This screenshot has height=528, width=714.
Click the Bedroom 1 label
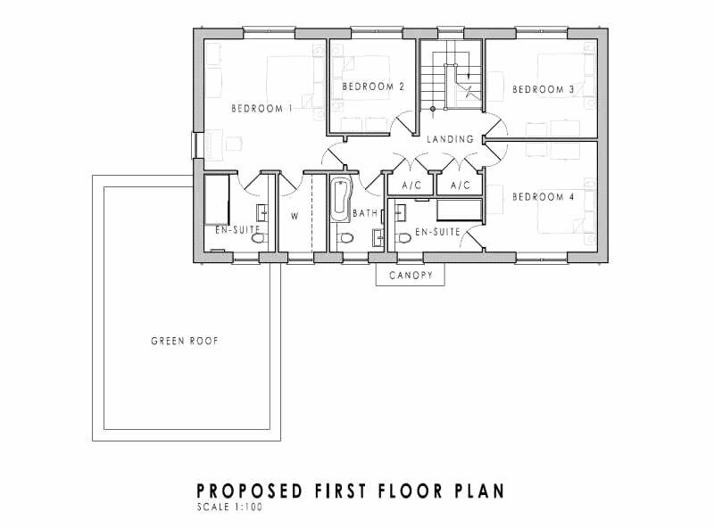(x=262, y=109)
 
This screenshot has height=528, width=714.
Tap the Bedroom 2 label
(x=373, y=87)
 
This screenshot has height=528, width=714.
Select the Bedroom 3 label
(x=544, y=90)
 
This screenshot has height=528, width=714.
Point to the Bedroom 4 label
(x=544, y=197)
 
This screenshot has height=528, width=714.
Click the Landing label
(x=450, y=139)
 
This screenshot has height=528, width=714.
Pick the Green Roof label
(x=185, y=341)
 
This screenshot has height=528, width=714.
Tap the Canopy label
(x=411, y=276)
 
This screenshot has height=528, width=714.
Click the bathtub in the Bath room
(x=341, y=201)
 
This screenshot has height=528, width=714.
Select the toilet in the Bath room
(x=346, y=238)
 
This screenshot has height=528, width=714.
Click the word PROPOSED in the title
(x=250, y=491)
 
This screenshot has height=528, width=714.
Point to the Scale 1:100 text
(x=230, y=507)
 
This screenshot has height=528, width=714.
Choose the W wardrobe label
(x=295, y=216)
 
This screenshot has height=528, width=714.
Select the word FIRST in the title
(x=340, y=491)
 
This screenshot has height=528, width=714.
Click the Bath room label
(x=365, y=213)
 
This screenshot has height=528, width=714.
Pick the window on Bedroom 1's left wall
(x=197, y=145)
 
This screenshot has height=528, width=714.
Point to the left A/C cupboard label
(x=411, y=186)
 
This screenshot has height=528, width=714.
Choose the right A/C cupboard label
(x=461, y=186)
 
